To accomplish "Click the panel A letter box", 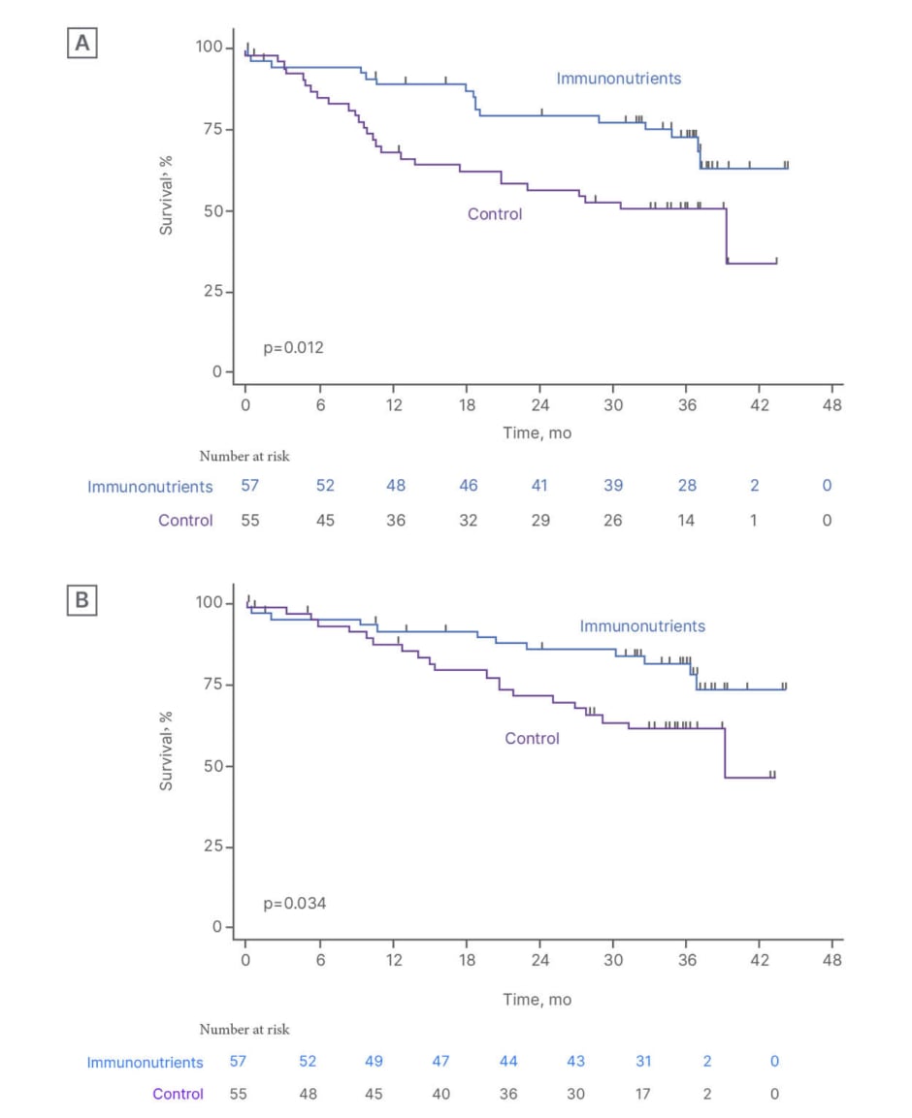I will pyautogui.click(x=81, y=45).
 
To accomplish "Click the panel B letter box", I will pyautogui.click(x=81, y=600).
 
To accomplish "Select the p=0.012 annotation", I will pyautogui.click(x=294, y=346).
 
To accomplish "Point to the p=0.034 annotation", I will pyautogui.click(x=295, y=903).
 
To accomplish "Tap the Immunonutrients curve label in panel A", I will pyautogui.click(x=618, y=79).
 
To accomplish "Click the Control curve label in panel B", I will pyautogui.click(x=532, y=739).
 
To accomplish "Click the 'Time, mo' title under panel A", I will pyautogui.click(x=537, y=432).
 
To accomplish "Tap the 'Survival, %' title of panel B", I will pyautogui.click(x=167, y=750).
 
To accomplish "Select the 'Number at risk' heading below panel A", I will pyautogui.click(x=244, y=456).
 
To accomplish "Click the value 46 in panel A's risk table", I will pyautogui.click(x=468, y=486).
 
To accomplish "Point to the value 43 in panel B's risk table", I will pyautogui.click(x=576, y=1061).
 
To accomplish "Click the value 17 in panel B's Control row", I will pyautogui.click(x=642, y=1094).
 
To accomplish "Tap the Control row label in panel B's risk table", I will pyautogui.click(x=178, y=1094).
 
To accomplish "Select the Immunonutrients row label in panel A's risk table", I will pyautogui.click(x=149, y=487).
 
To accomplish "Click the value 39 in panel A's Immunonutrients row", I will pyautogui.click(x=613, y=486).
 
